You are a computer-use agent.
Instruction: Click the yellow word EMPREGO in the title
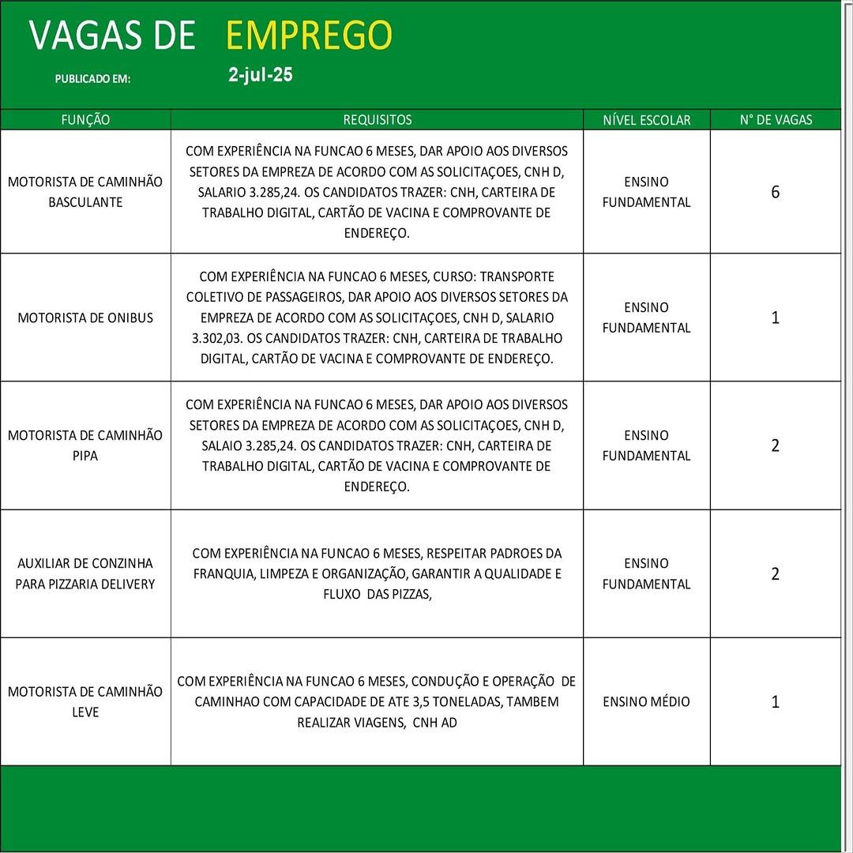[x=309, y=36]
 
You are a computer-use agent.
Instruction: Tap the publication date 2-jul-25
[x=260, y=76]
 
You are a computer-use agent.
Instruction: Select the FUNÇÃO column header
[x=85, y=120]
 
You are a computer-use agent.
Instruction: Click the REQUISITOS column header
[x=377, y=120]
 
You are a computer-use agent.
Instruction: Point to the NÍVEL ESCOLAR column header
[x=646, y=120]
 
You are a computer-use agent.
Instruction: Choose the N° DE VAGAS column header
[x=776, y=120]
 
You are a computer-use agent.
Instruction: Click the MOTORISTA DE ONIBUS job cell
[x=85, y=318]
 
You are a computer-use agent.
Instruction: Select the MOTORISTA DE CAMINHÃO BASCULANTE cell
[x=85, y=192]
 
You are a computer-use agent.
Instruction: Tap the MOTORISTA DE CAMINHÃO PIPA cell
[x=85, y=445]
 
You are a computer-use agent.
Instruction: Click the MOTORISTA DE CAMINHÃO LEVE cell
[x=85, y=701]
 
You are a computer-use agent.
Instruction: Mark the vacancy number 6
[x=775, y=192]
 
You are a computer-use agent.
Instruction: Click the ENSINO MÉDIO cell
[x=646, y=701]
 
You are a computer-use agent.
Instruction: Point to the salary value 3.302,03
[x=218, y=338]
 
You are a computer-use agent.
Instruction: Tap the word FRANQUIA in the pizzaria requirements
[x=224, y=573]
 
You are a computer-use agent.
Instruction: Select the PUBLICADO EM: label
[x=92, y=79]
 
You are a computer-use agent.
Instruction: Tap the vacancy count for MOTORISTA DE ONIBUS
[x=775, y=318]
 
